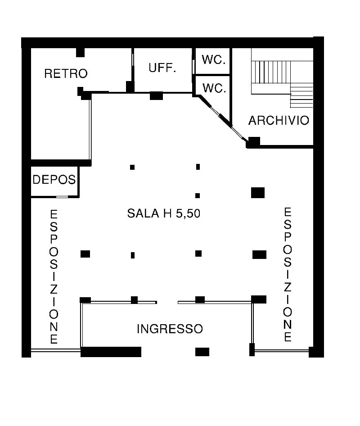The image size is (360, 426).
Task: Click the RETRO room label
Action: coord(66,73)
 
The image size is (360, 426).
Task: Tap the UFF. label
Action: coord(162,68)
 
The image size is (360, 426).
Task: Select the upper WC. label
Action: coord(214,60)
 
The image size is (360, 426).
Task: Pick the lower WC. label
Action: coord(214,88)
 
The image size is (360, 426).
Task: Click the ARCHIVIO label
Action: coord(279,120)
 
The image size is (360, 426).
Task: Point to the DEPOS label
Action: coord(54,180)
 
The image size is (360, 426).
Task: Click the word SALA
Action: coord(143,213)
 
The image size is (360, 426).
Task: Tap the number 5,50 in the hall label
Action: coord(188,213)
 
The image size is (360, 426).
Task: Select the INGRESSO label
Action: coord(170,329)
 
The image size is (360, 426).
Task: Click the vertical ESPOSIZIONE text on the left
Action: coord(54,276)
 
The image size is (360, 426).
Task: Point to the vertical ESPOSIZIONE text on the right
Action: coord(288,274)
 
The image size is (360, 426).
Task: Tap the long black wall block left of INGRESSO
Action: coord(111,352)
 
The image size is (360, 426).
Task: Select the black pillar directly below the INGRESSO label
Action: coord(202,352)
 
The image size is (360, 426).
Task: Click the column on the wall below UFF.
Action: coord(157,95)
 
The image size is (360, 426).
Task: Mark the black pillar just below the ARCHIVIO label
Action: coord(253,142)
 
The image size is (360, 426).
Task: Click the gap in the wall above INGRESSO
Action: coord(167,302)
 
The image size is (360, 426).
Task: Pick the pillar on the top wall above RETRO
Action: coord(80,52)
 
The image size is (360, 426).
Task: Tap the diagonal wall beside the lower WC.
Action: coord(220,118)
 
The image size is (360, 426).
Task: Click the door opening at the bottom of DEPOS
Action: coord(62,196)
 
